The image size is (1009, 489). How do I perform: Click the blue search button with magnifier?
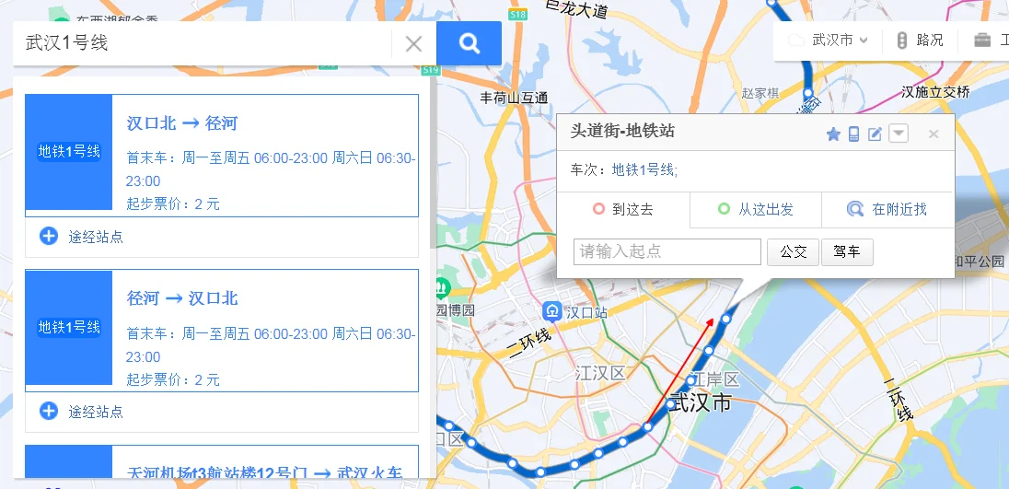tap(469, 43)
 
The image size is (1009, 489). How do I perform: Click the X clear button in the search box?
tap(414, 43)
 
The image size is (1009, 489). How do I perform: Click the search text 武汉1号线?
tap(66, 43)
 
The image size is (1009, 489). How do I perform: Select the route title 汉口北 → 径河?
tap(182, 123)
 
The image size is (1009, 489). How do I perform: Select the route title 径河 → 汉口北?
tap(182, 298)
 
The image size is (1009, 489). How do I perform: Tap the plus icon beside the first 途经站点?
tap(49, 236)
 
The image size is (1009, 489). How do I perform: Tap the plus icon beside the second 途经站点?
tap(49, 411)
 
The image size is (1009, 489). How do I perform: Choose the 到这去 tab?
tap(623, 210)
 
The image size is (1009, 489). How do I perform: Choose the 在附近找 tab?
tap(887, 210)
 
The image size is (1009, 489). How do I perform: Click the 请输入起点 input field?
tap(667, 251)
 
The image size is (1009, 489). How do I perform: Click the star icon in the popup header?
tap(833, 134)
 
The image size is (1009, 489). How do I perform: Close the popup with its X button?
tap(933, 134)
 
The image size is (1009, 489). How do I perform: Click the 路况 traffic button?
tap(920, 41)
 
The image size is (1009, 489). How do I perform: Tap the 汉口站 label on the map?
tap(586, 312)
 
